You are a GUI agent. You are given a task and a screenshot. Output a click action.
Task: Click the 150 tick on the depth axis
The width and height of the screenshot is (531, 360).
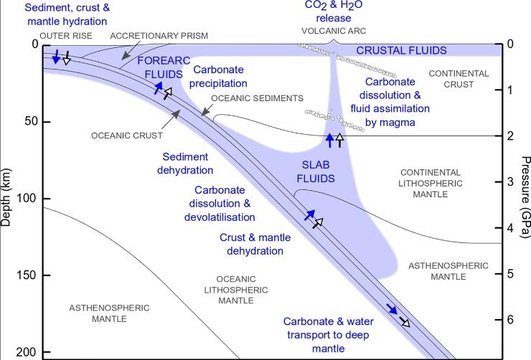(46, 275)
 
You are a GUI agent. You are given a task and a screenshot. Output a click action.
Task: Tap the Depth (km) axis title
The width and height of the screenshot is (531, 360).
(6, 197)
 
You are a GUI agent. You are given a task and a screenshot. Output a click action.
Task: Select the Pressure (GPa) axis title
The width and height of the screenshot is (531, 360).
(525, 197)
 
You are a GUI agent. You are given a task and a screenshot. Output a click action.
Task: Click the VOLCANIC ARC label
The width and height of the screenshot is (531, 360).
(334, 31)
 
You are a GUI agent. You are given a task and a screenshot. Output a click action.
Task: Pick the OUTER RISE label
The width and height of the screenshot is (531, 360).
(66, 36)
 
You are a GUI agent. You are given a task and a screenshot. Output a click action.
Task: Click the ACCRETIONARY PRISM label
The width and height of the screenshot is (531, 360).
(159, 36)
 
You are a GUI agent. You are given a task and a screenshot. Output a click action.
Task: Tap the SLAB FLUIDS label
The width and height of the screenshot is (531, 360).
(316, 171)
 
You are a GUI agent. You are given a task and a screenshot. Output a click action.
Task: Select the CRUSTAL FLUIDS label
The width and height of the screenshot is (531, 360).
(401, 51)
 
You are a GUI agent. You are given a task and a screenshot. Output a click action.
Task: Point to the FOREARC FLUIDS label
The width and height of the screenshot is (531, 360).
(164, 67)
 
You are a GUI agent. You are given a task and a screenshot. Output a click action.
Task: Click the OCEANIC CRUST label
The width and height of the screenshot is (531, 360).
(127, 136)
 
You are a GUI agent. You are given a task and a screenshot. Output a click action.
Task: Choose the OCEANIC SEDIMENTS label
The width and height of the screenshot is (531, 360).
(258, 98)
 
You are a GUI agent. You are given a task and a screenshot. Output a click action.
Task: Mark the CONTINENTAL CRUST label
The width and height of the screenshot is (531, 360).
(459, 79)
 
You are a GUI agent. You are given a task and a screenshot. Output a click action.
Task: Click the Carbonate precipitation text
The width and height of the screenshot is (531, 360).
(218, 77)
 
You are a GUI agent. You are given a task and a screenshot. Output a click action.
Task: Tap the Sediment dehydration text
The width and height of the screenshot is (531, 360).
(185, 164)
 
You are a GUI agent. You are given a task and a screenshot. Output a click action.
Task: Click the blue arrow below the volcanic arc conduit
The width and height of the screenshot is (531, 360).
(330, 140)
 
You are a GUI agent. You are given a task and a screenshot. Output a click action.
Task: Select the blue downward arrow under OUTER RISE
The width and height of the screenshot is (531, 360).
(57, 57)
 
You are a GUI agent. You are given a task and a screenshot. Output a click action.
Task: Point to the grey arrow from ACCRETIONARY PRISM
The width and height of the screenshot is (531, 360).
(131, 51)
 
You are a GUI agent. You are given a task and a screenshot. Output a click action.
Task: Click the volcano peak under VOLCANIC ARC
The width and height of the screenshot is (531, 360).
(334, 41)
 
